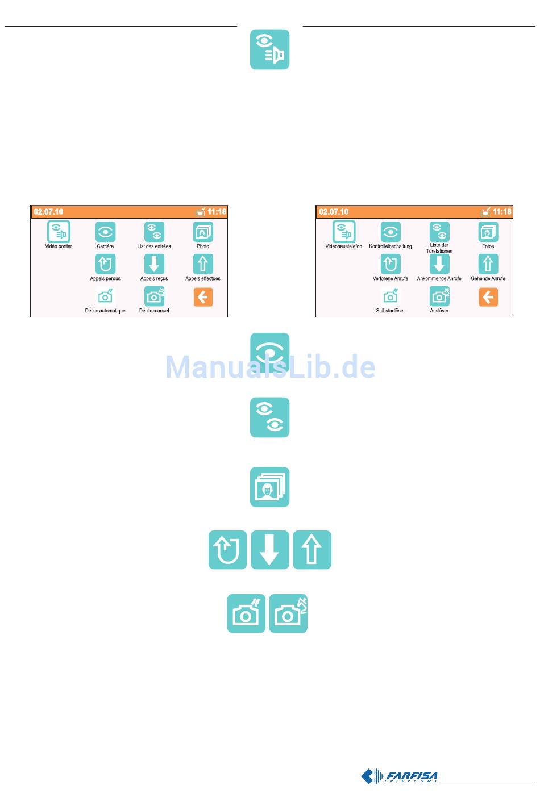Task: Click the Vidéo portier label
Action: pos(59,246)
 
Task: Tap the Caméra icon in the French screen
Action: pos(105,232)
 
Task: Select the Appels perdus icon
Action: pos(105,264)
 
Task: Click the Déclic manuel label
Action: pos(154,311)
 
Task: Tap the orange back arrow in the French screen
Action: pos(203,297)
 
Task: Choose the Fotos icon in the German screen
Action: pos(488,232)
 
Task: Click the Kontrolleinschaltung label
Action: pos(391,246)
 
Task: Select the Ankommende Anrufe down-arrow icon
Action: pos(439,264)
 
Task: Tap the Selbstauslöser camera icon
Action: pos(391,296)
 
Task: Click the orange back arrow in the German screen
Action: pos(488,297)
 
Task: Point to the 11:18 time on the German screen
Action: pos(502,212)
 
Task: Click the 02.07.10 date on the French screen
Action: pos(48,212)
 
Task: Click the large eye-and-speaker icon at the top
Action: pos(270,50)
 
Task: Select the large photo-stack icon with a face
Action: pos(270,487)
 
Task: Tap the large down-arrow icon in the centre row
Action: pos(270,550)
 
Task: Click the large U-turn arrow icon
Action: pos(227,550)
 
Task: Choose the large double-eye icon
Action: pos(270,417)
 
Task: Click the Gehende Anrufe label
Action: pos(488,279)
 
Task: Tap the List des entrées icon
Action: pos(154,232)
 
